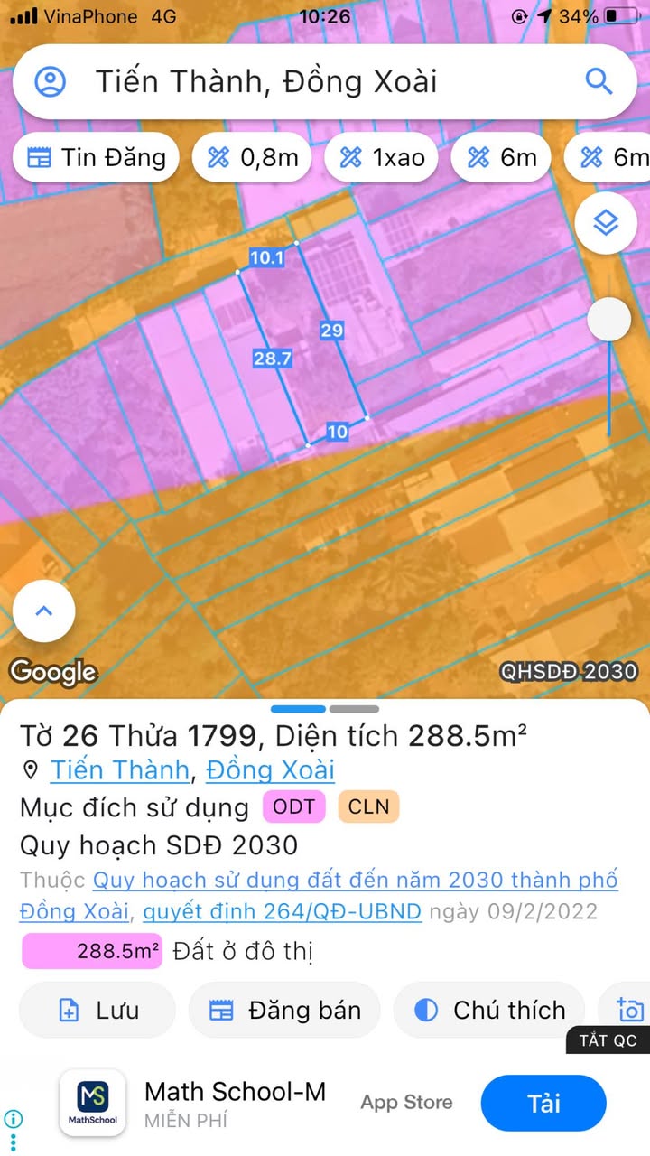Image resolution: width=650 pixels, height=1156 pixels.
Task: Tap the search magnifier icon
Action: click(599, 81)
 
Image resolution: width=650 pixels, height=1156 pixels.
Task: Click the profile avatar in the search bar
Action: click(50, 82)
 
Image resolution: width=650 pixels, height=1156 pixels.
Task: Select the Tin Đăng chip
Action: click(97, 158)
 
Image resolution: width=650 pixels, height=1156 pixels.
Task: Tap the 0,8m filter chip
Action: click(253, 158)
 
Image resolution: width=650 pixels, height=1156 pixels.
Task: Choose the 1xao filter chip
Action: click(382, 158)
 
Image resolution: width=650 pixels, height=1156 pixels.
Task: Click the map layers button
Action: click(605, 222)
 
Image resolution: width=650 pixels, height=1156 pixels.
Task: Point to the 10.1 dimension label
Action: click(266, 258)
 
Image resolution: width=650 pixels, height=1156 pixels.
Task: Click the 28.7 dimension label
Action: click(272, 359)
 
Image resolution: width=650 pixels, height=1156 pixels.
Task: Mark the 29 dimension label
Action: click(331, 331)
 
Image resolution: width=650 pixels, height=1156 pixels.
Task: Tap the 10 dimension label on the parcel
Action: click(337, 433)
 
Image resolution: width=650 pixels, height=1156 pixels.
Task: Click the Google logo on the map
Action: click(53, 672)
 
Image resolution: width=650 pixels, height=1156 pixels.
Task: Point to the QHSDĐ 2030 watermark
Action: click(569, 672)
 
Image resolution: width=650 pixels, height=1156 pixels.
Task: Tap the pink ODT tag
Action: click(294, 806)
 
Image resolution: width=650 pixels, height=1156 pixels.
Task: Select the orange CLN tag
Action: click(368, 806)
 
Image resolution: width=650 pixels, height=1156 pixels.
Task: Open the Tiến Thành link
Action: click(119, 770)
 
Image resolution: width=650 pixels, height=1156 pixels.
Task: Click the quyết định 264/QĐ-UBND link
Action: click(282, 911)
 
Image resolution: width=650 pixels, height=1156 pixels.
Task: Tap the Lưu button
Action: click(97, 1010)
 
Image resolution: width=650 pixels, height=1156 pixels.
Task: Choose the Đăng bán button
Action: click(284, 1010)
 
